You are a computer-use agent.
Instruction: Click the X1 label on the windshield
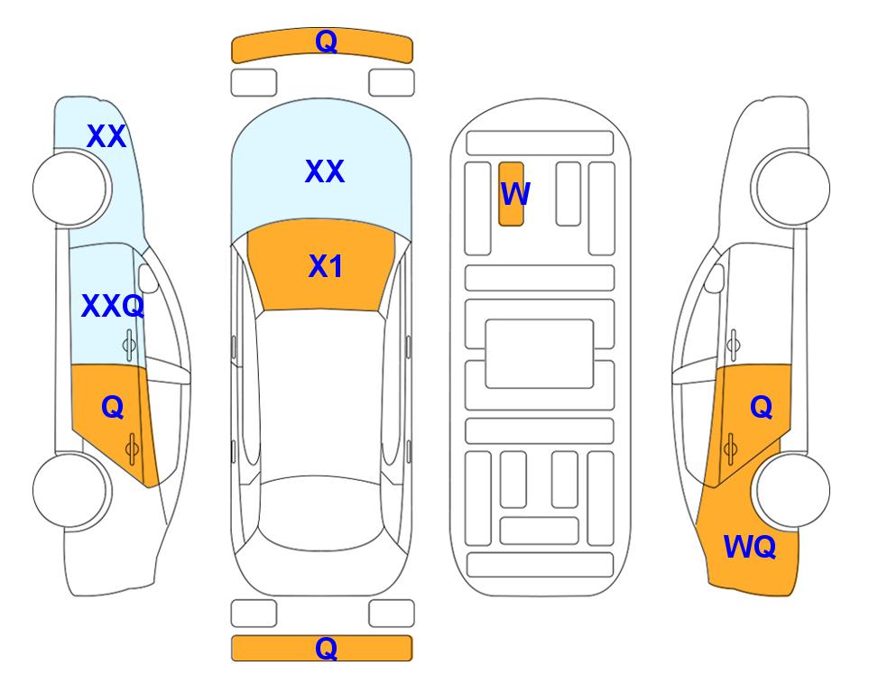[x=326, y=266]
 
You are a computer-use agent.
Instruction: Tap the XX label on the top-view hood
[x=325, y=171]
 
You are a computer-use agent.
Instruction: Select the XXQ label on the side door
[x=113, y=306]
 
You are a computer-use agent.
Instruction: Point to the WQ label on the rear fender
[x=749, y=547]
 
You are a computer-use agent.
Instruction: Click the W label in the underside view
[x=515, y=193]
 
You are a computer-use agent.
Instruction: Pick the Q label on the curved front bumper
[x=326, y=42]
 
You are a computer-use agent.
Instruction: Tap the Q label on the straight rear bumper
[x=326, y=648]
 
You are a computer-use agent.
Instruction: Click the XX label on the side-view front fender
[x=106, y=136]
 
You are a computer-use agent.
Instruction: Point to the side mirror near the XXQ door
[x=148, y=278]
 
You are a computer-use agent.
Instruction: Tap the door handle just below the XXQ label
[x=129, y=345]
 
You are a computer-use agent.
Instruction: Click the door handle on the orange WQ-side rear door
[x=730, y=448]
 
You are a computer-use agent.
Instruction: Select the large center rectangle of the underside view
[x=540, y=354]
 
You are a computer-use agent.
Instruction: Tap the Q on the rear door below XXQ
[x=113, y=408]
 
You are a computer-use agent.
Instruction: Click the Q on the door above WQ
[x=762, y=408]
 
